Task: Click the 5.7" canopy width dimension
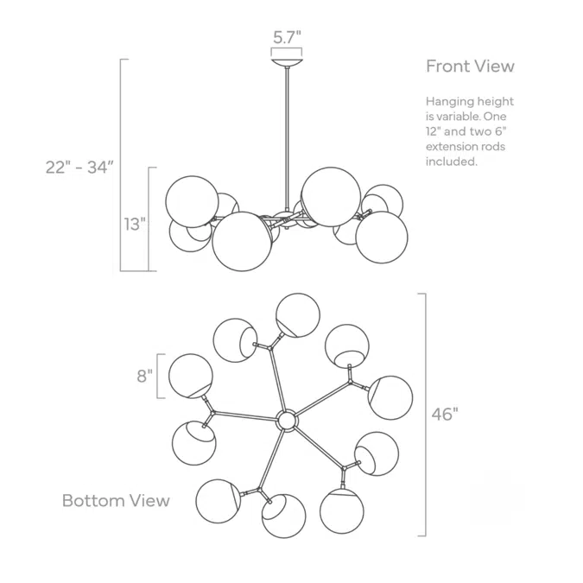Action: point(287,37)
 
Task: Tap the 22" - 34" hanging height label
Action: point(79,168)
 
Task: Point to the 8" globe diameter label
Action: point(144,376)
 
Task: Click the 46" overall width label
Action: point(445,414)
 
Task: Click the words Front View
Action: point(470,67)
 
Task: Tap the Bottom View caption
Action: point(116,500)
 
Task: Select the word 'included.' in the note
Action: point(452,162)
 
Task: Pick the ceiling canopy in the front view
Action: point(287,62)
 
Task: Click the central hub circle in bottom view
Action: point(287,421)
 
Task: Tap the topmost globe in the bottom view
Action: point(298,315)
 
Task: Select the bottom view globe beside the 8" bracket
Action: point(191,376)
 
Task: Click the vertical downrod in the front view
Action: point(287,138)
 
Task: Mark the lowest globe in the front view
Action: point(242,241)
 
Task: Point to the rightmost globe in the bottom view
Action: point(390,398)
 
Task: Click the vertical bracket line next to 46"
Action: point(425,415)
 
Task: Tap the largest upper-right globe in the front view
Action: point(331,197)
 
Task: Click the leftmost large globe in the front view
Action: point(193,201)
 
